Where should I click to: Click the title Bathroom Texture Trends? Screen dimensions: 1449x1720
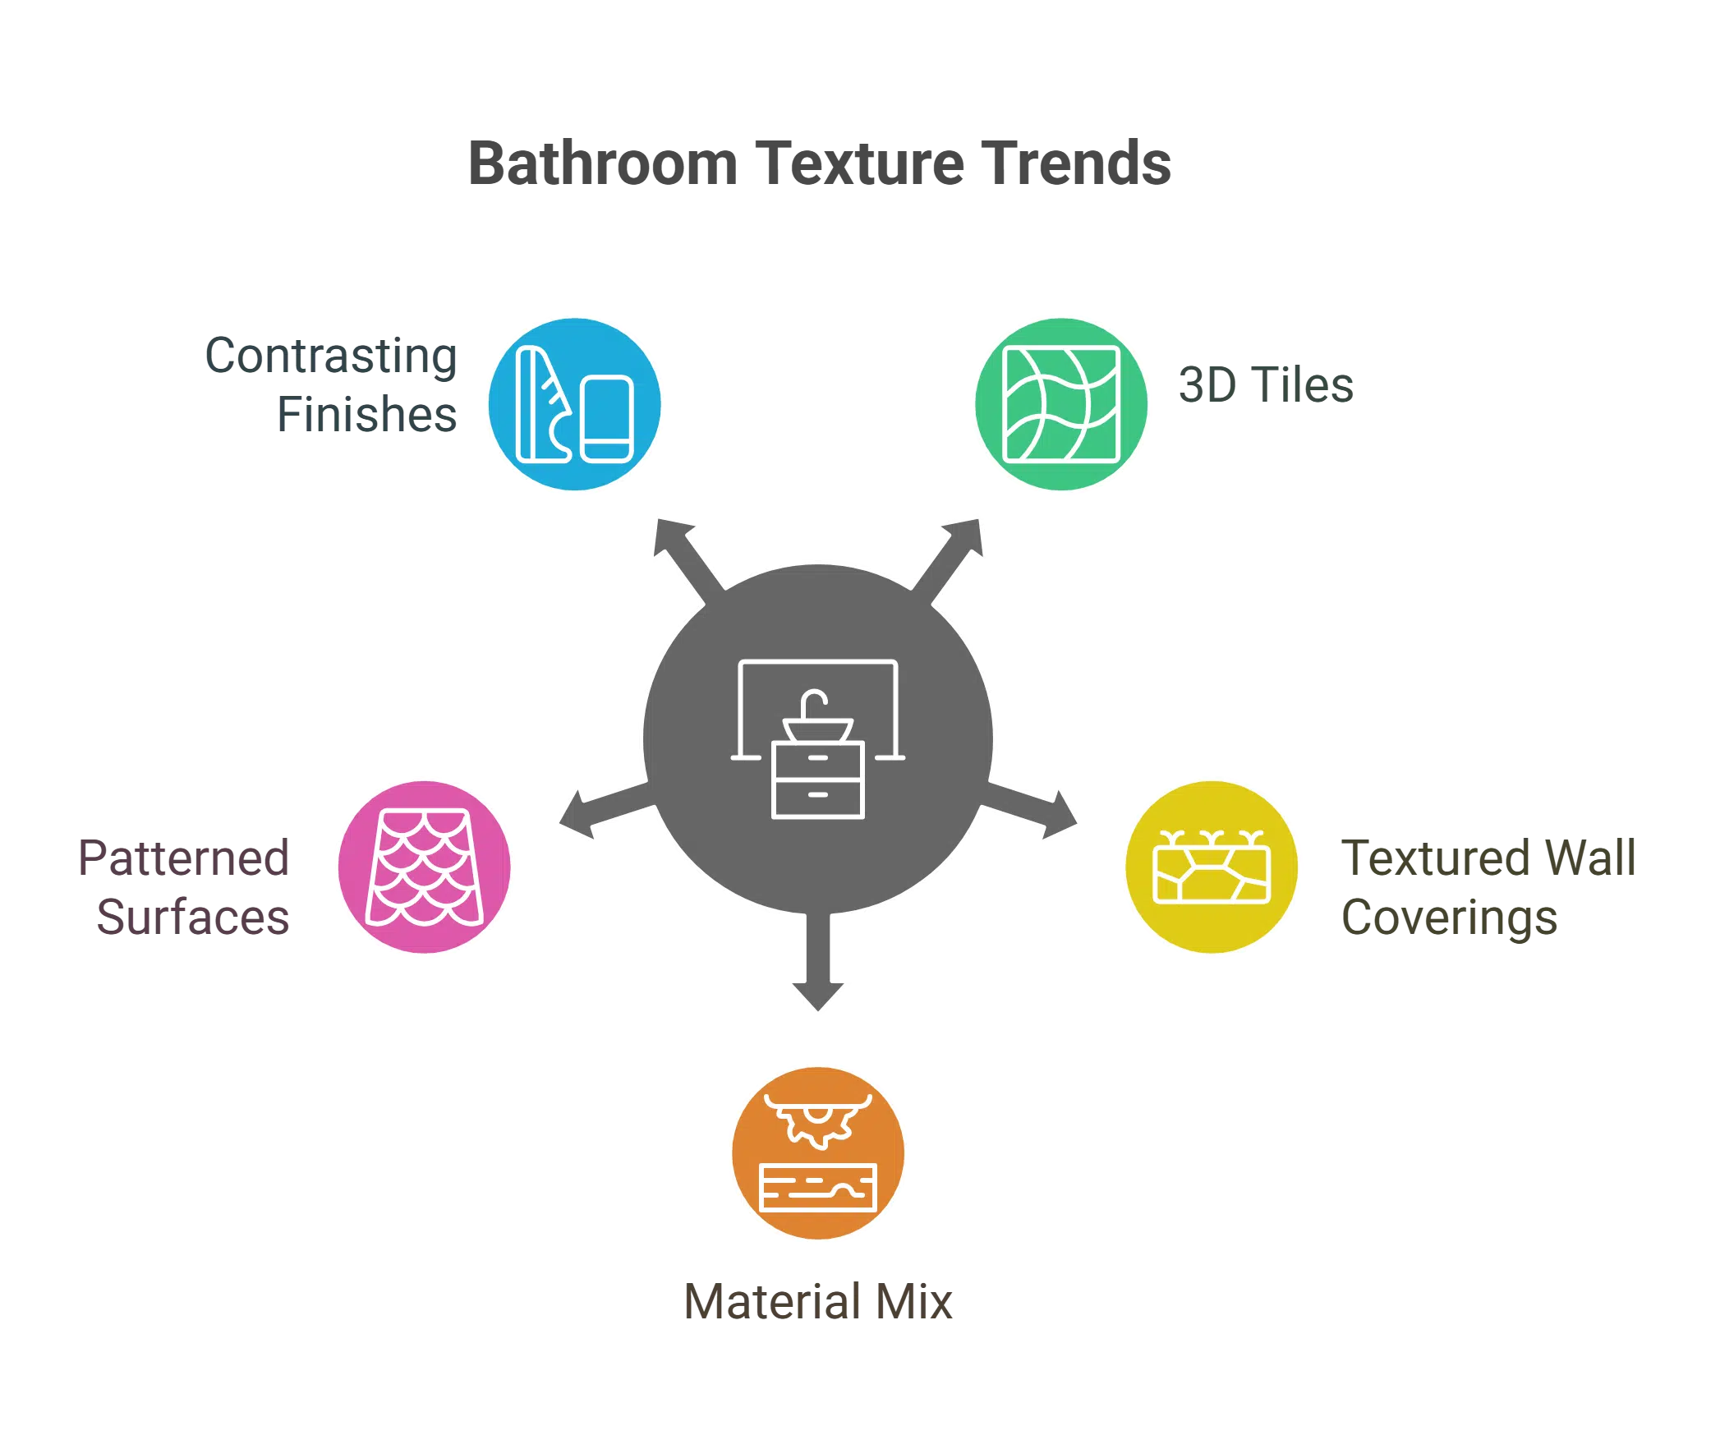(820, 163)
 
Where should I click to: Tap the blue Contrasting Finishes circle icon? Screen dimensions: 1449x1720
(575, 406)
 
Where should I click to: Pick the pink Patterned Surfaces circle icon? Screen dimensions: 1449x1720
(425, 867)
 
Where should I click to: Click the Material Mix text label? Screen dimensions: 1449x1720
(817, 1302)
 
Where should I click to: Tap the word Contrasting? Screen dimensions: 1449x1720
(331, 357)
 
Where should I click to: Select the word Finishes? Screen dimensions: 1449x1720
(366, 414)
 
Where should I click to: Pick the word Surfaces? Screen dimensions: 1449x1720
(192, 917)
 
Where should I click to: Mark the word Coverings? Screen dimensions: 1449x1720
(1448, 918)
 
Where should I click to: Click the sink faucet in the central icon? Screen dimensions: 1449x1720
(814, 703)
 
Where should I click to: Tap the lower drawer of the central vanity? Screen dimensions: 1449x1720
(817, 796)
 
